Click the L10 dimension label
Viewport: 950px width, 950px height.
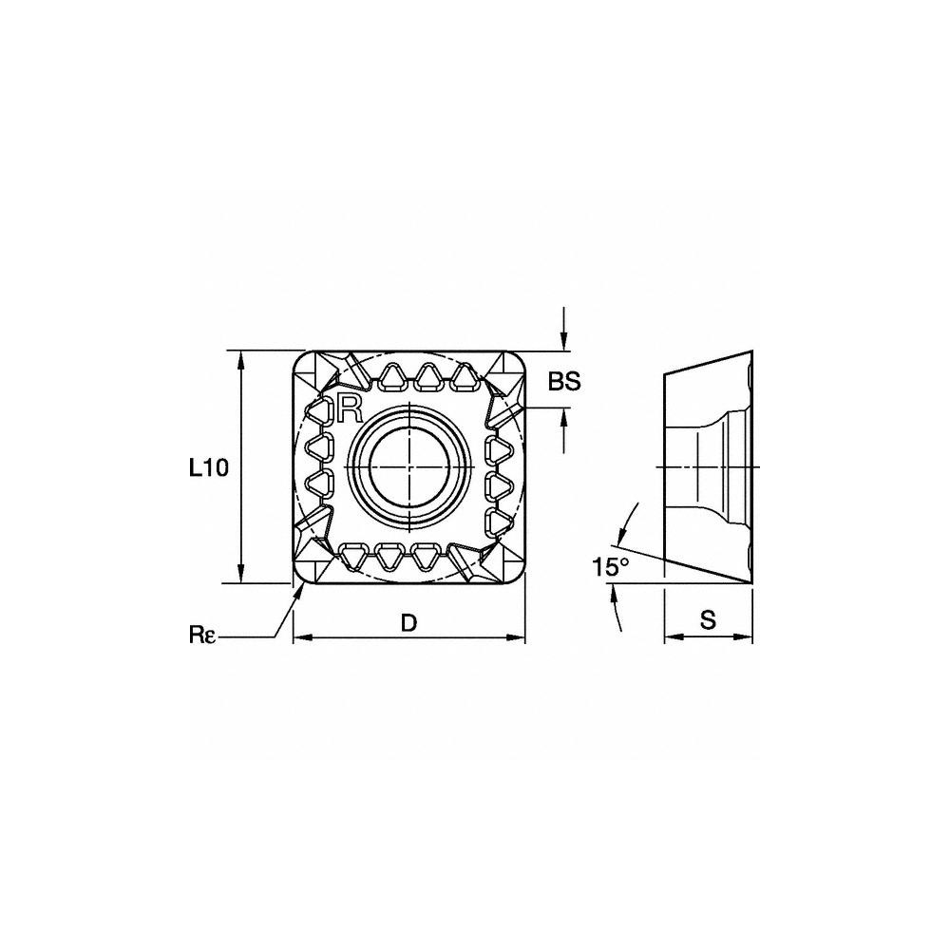[x=208, y=467]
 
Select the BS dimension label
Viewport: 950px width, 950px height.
[x=564, y=381]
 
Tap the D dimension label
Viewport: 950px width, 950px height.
[x=409, y=622]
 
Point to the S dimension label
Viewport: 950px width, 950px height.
[x=708, y=619]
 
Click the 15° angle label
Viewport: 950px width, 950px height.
[x=611, y=567]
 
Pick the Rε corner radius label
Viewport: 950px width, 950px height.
[x=201, y=635]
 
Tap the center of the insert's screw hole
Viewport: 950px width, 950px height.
[x=408, y=467]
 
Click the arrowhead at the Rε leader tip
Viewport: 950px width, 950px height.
[x=297, y=595]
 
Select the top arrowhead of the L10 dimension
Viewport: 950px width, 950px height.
[x=241, y=362]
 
